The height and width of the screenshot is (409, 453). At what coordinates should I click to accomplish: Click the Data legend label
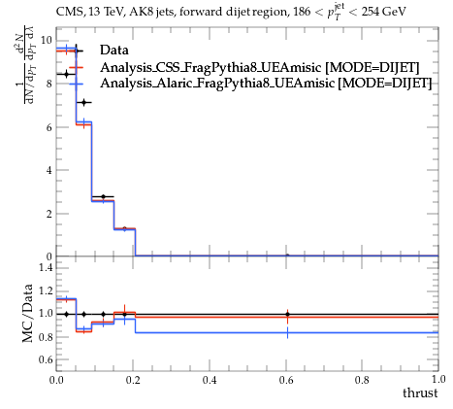tap(114, 51)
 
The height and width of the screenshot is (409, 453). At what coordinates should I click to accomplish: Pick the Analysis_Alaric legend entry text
tap(266, 84)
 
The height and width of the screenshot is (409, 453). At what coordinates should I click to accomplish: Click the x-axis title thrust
tap(420, 392)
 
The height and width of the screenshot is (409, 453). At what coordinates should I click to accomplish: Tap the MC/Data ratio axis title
tap(27, 313)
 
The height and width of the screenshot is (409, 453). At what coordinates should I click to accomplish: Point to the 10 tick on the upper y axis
tap(47, 41)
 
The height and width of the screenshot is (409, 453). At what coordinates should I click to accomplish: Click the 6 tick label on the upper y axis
tap(49, 127)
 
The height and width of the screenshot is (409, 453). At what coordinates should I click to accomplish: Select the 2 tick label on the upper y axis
tap(49, 214)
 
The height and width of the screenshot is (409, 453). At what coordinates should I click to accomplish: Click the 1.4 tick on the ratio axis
tap(46, 267)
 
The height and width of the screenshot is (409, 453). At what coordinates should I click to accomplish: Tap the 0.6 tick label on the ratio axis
tap(46, 359)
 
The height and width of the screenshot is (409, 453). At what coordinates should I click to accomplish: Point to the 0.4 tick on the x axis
tap(210, 380)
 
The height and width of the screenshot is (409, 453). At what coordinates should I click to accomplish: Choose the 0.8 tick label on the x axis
tap(362, 380)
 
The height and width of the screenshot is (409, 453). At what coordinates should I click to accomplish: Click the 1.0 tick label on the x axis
tap(438, 379)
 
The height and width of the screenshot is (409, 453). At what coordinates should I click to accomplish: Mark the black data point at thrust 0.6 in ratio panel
tap(287, 314)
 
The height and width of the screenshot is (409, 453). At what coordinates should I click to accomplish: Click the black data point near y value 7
tap(84, 103)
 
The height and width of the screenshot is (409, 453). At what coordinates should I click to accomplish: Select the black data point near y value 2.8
tap(103, 196)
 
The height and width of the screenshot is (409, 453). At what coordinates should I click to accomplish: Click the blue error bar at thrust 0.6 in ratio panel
tap(287, 332)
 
